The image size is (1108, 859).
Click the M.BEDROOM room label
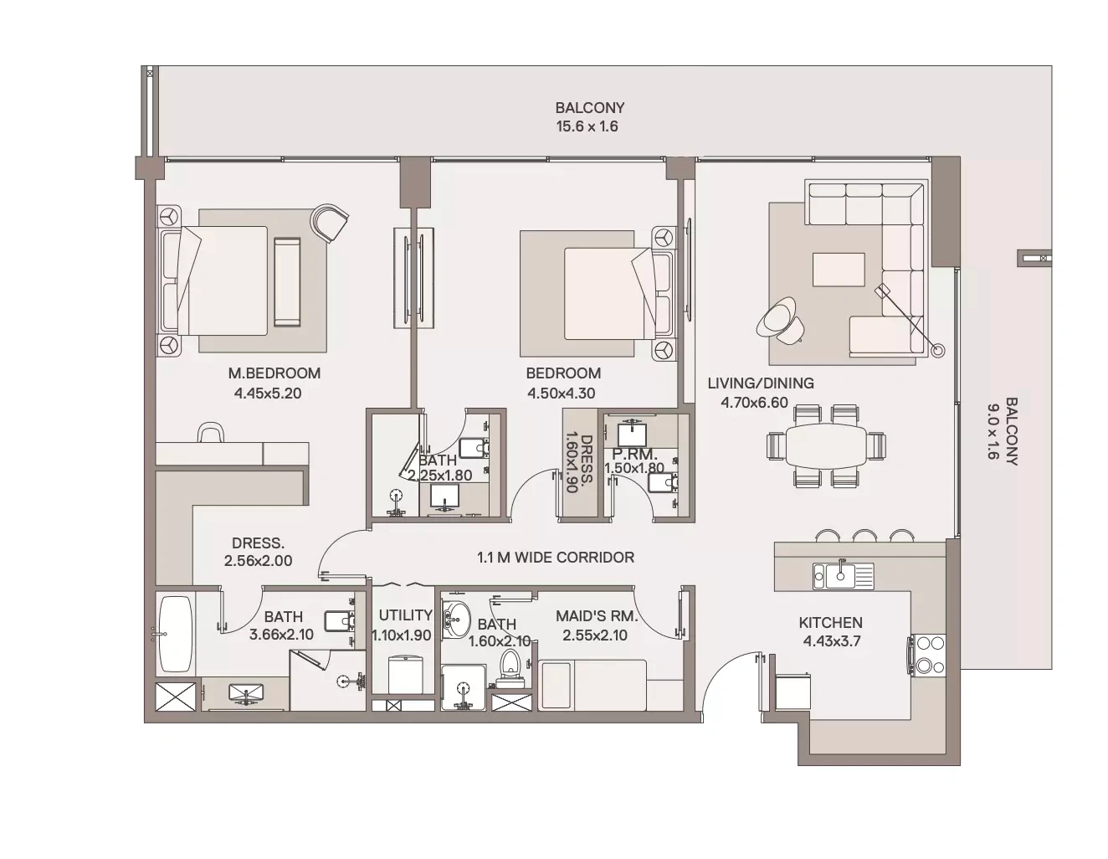[274, 373]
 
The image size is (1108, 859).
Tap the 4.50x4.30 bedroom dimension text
[562, 393]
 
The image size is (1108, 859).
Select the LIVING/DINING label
[761, 383]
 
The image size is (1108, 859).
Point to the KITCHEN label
[831, 622]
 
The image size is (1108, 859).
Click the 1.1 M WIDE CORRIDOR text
[556, 557]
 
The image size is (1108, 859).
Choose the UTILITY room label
[405, 615]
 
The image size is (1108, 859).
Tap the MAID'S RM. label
[597, 616]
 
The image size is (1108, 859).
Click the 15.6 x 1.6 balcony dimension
[587, 126]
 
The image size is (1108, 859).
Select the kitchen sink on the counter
[843, 576]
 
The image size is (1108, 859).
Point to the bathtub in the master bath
[176, 635]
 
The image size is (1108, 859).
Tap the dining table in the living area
[826, 445]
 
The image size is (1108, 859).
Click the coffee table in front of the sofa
[839, 270]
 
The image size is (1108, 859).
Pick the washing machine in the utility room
[406, 675]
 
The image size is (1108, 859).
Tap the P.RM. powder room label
[635, 454]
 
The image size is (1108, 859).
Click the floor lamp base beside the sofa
[937, 351]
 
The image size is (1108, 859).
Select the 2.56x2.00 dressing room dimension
[258, 561]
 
